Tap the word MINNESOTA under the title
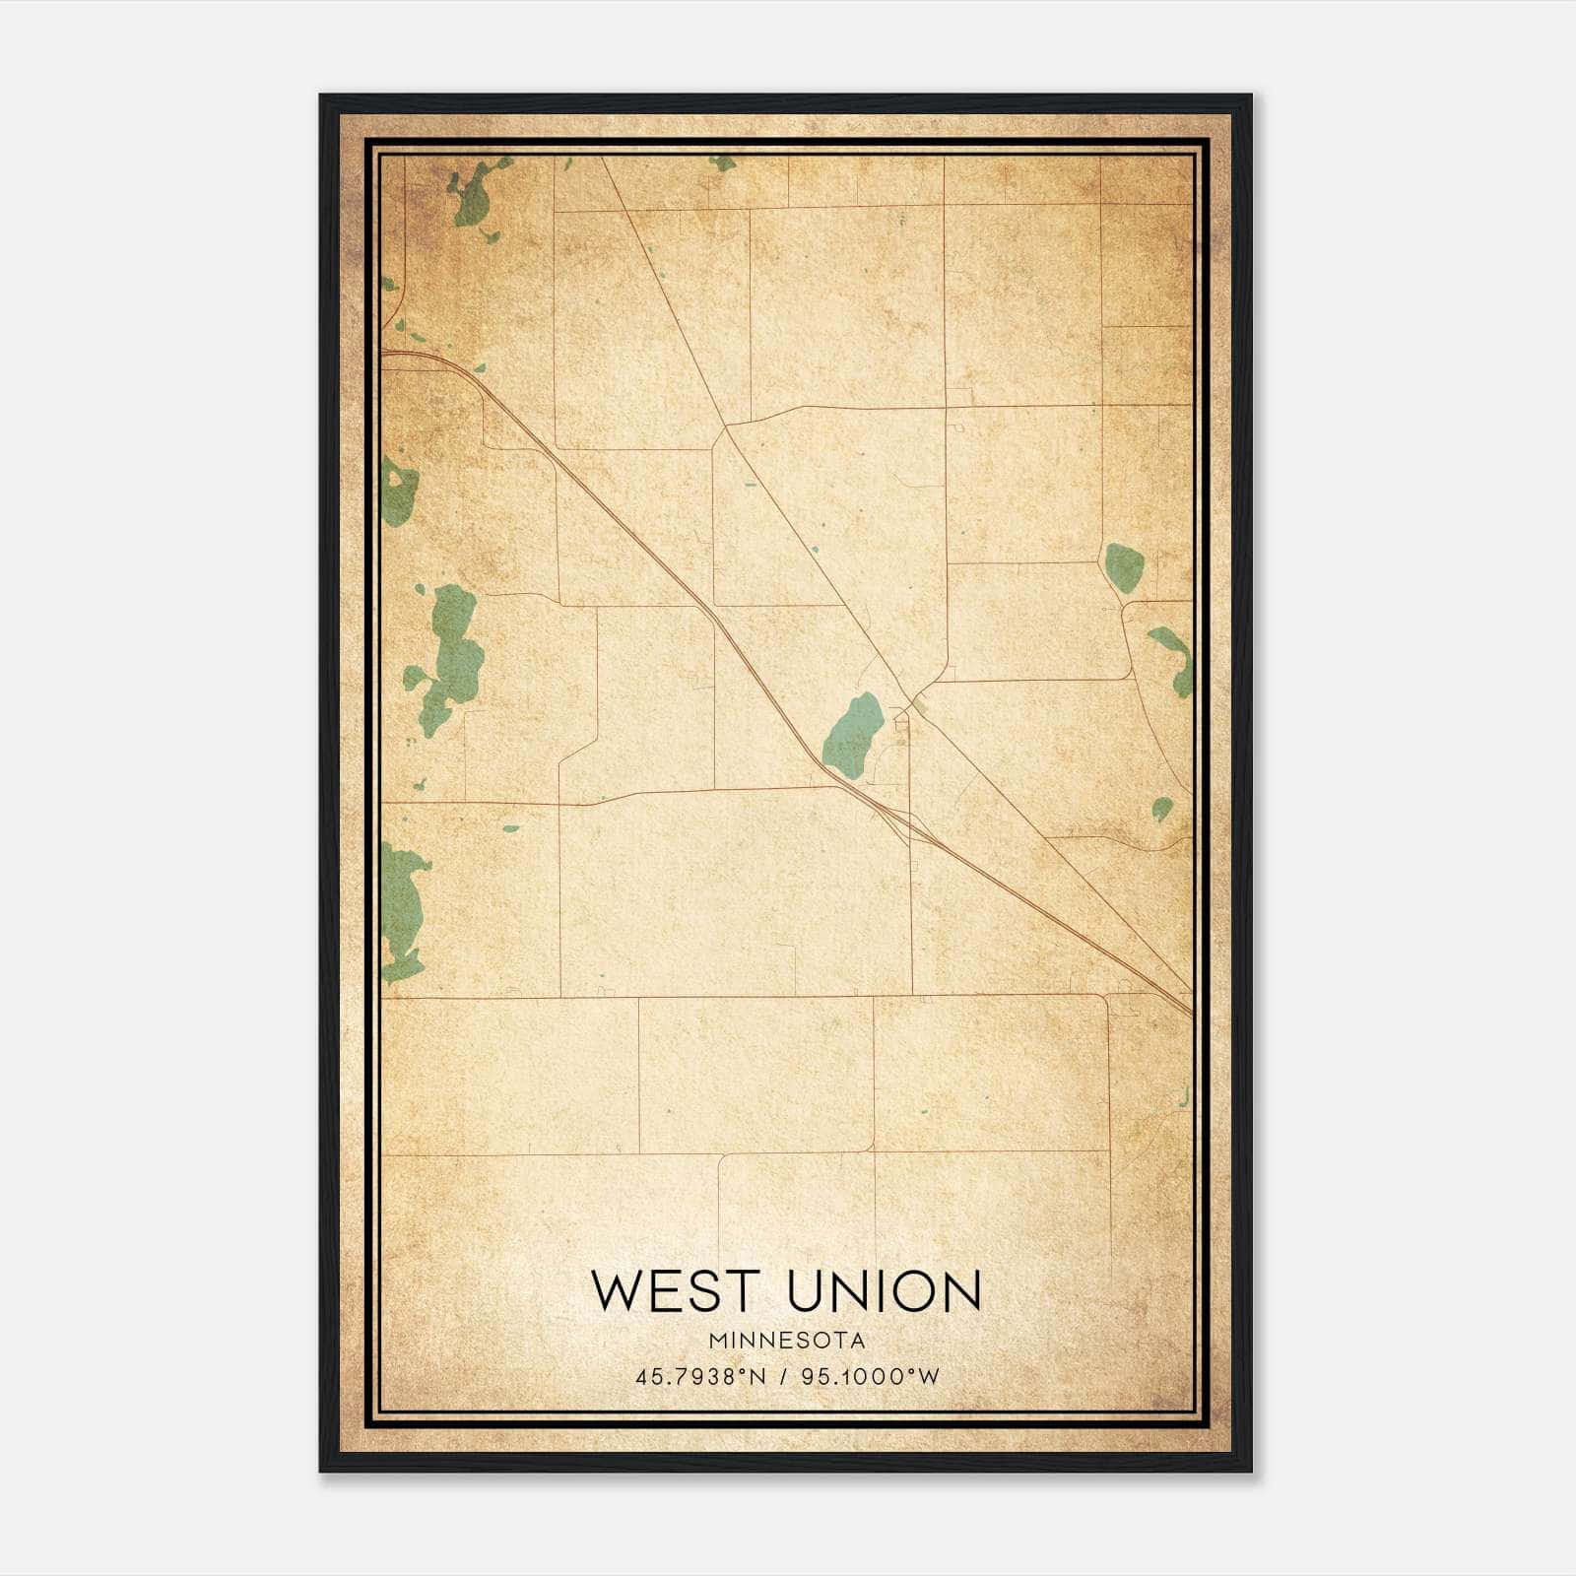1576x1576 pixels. (786, 1341)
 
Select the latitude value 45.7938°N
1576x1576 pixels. (700, 1376)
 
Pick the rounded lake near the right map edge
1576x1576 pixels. (1124, 567)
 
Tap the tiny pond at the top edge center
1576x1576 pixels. (723, 163)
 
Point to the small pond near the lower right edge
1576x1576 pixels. (1162, 809)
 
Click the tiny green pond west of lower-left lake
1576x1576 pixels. (510, 828)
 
